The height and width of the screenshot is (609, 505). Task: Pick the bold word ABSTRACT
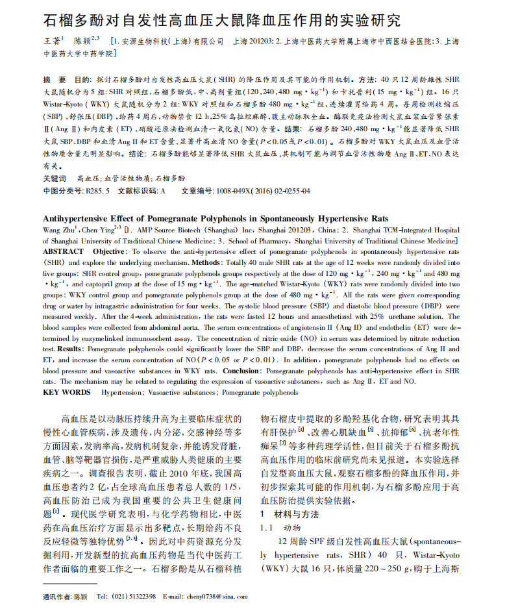pyautogui.click(x=63, y=251)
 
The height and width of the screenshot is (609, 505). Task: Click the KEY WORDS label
pyautogui.click(x=67, y=392)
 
